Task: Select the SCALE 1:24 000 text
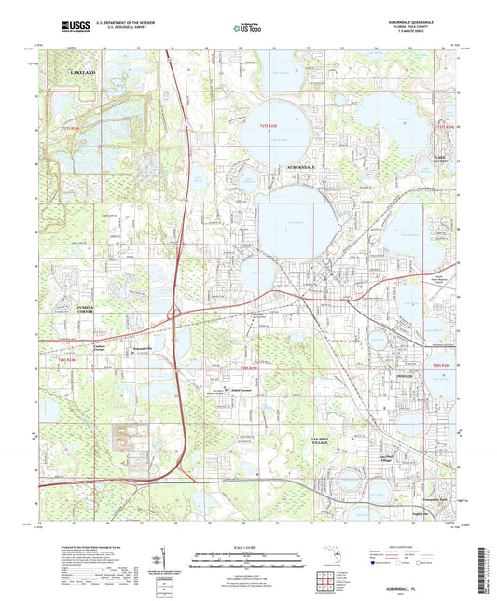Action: coord(247,546)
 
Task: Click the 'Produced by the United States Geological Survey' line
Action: coord(84,543)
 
